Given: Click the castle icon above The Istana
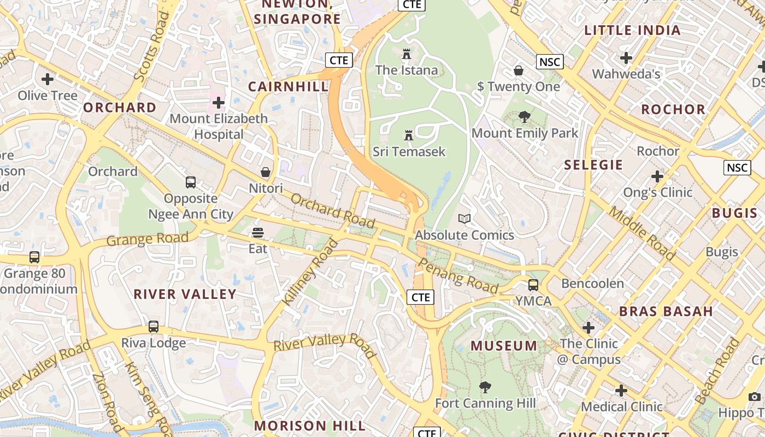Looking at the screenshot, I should tap(406, 54).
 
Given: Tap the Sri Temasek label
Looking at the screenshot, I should tap(409, 151).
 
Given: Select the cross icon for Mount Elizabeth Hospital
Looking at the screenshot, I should tap(219, 102).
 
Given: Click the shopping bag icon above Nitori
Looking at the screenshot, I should tap(266, 172).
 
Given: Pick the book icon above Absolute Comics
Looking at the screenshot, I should tap(464, 219).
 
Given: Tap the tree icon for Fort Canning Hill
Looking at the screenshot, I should tap(485, 387).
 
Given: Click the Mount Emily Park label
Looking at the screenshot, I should tap(525, 133).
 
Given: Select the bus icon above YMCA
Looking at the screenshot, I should tap(533, 285).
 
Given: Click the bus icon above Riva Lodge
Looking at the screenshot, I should tap(154, 327).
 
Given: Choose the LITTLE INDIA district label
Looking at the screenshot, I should tap(633, 31).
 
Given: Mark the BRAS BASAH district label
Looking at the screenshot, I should tap(666, 312).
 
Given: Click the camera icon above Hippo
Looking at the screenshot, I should tap(755, 397).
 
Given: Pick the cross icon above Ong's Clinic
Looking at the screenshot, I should tap(657, 176).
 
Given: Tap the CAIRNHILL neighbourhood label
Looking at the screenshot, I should tap(288, 86).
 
